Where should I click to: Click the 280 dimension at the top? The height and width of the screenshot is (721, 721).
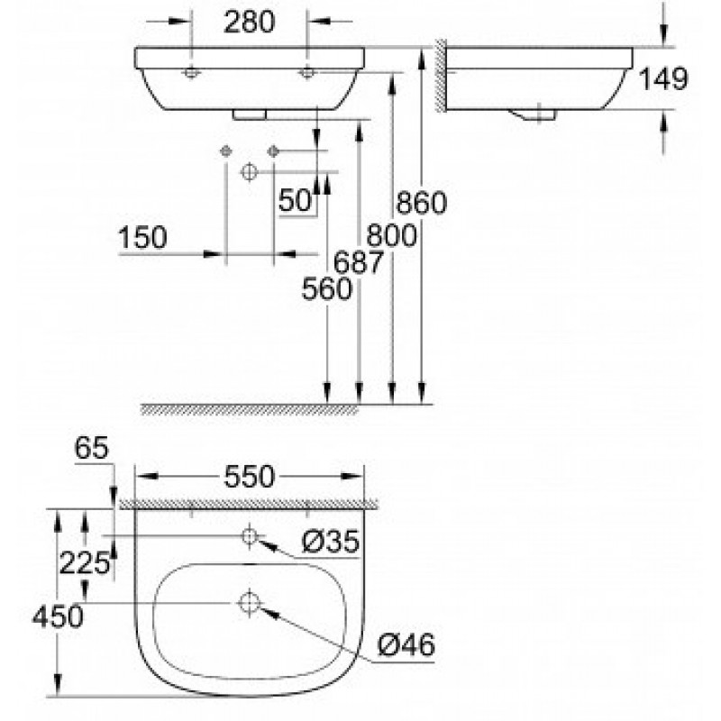coord(250,22)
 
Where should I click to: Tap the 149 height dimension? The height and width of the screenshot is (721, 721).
coord(663,78)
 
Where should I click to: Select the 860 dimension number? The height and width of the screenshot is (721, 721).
coord(421,203)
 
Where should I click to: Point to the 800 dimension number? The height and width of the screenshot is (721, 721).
coord(391,235)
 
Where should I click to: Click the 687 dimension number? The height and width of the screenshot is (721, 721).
coord(358,262)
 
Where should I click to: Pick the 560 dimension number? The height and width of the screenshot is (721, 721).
coord(327,289)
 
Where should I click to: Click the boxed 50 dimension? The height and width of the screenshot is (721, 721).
coord(296,201)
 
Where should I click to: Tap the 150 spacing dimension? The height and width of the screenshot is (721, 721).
coord(142,238)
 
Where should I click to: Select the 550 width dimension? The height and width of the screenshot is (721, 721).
coord(250,477)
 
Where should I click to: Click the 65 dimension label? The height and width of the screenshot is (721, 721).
coord(92,448)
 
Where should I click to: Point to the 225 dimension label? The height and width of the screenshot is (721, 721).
coord(85,563)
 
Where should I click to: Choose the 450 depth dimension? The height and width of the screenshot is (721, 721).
coord(58,616)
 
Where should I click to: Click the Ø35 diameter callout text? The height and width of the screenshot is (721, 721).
coord(330,542)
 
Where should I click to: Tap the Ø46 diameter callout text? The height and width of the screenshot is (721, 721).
coord(406,644)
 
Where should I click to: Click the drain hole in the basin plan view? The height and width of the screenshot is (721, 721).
coord(250,602)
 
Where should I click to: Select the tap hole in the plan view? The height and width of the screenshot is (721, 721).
coord(250,535)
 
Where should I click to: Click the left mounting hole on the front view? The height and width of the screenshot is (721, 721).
coord(191,72)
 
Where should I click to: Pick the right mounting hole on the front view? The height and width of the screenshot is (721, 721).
coord(307,72)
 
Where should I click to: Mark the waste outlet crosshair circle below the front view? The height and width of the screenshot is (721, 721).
coord(249,172)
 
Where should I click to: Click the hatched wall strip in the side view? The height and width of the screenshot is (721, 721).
coord(440,76)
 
